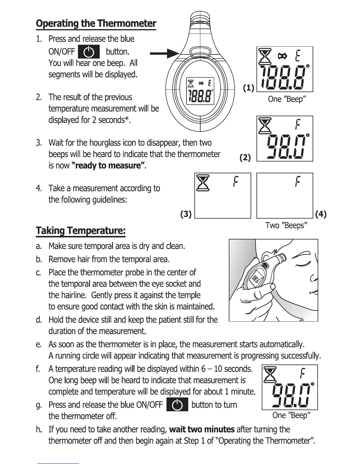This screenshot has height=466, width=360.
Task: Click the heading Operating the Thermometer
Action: pos(96,23)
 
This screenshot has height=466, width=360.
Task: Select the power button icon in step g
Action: pos(177,405)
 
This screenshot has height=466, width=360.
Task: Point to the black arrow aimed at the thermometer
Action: pos(165,54)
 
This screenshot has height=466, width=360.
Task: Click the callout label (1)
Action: pos(249,88)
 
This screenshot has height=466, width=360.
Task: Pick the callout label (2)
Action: pos(245,158)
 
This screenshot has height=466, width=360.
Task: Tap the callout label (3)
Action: pos(186,214)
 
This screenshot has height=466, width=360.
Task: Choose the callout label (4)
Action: pos(321,214)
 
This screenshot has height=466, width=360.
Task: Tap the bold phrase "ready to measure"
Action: pos(108,166)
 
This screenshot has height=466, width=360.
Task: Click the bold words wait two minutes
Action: pos(202,430)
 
